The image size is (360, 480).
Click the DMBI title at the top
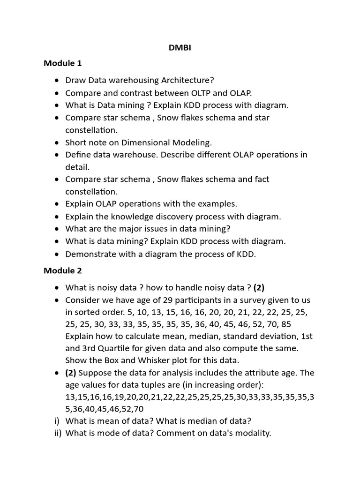coord(180,48)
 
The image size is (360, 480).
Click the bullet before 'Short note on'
coord(57,142)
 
